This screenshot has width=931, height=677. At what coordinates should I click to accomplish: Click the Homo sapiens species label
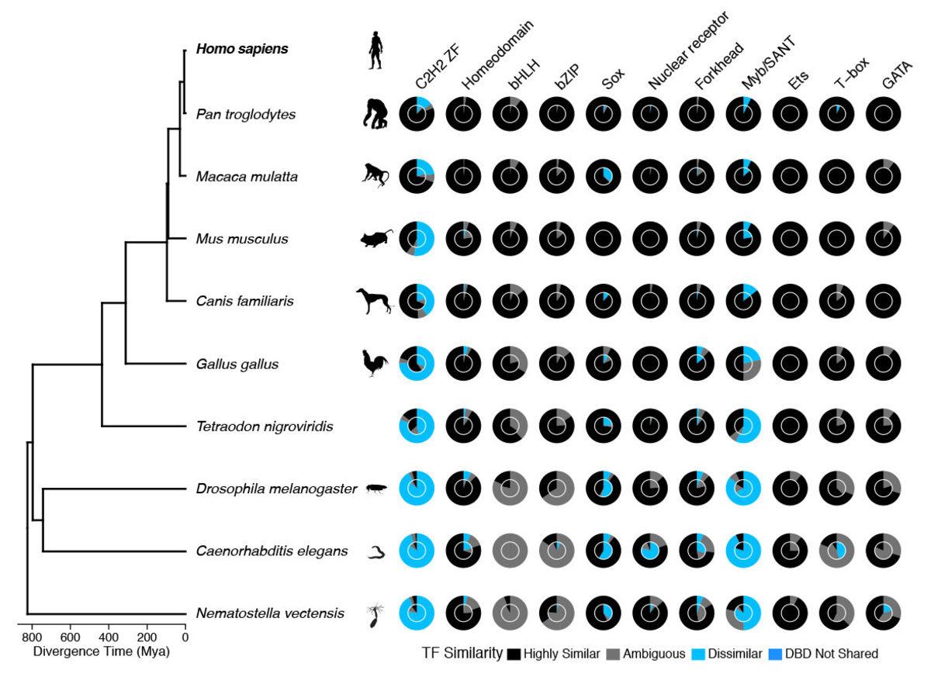pyautogui.click(x=242, y=49)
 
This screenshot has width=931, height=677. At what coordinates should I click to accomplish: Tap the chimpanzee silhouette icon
pyautogui.click(x=376, y=114)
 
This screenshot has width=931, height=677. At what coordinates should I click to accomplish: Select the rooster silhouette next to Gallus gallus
pyautogui.click(x=375, y=363)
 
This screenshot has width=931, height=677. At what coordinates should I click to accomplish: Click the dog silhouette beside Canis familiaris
pyautogui.click(x=374, y=301)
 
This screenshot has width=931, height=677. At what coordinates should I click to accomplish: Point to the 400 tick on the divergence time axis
pyautogui.click(x=109, y=624)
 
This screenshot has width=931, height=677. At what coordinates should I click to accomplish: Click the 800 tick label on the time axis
pyautogui.click(x=32, y=637)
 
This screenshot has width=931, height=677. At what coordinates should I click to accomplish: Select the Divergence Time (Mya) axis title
pyautogui.click(x=102, y=651)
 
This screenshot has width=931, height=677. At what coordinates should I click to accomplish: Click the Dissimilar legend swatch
pyautogui.click(x=698, y=655)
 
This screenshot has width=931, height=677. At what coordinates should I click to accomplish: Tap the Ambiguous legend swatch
pyautogui.click(x=613, y=655)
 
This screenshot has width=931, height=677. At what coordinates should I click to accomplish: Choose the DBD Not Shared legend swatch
pyautogui.click(x=775, y=655)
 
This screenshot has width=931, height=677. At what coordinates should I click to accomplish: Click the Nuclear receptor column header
pyautogui.click(x=688, y=50)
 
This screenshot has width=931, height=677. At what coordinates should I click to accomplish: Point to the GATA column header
pyautogui.click(x=897, y=74)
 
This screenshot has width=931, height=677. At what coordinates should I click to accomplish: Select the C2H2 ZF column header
pyautogui.click(x=438, y=67)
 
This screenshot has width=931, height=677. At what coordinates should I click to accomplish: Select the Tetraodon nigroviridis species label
pyautogui.click(x=265, y=427)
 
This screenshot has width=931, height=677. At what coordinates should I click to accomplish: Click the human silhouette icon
pyautogui.click(x=376, y=50)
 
